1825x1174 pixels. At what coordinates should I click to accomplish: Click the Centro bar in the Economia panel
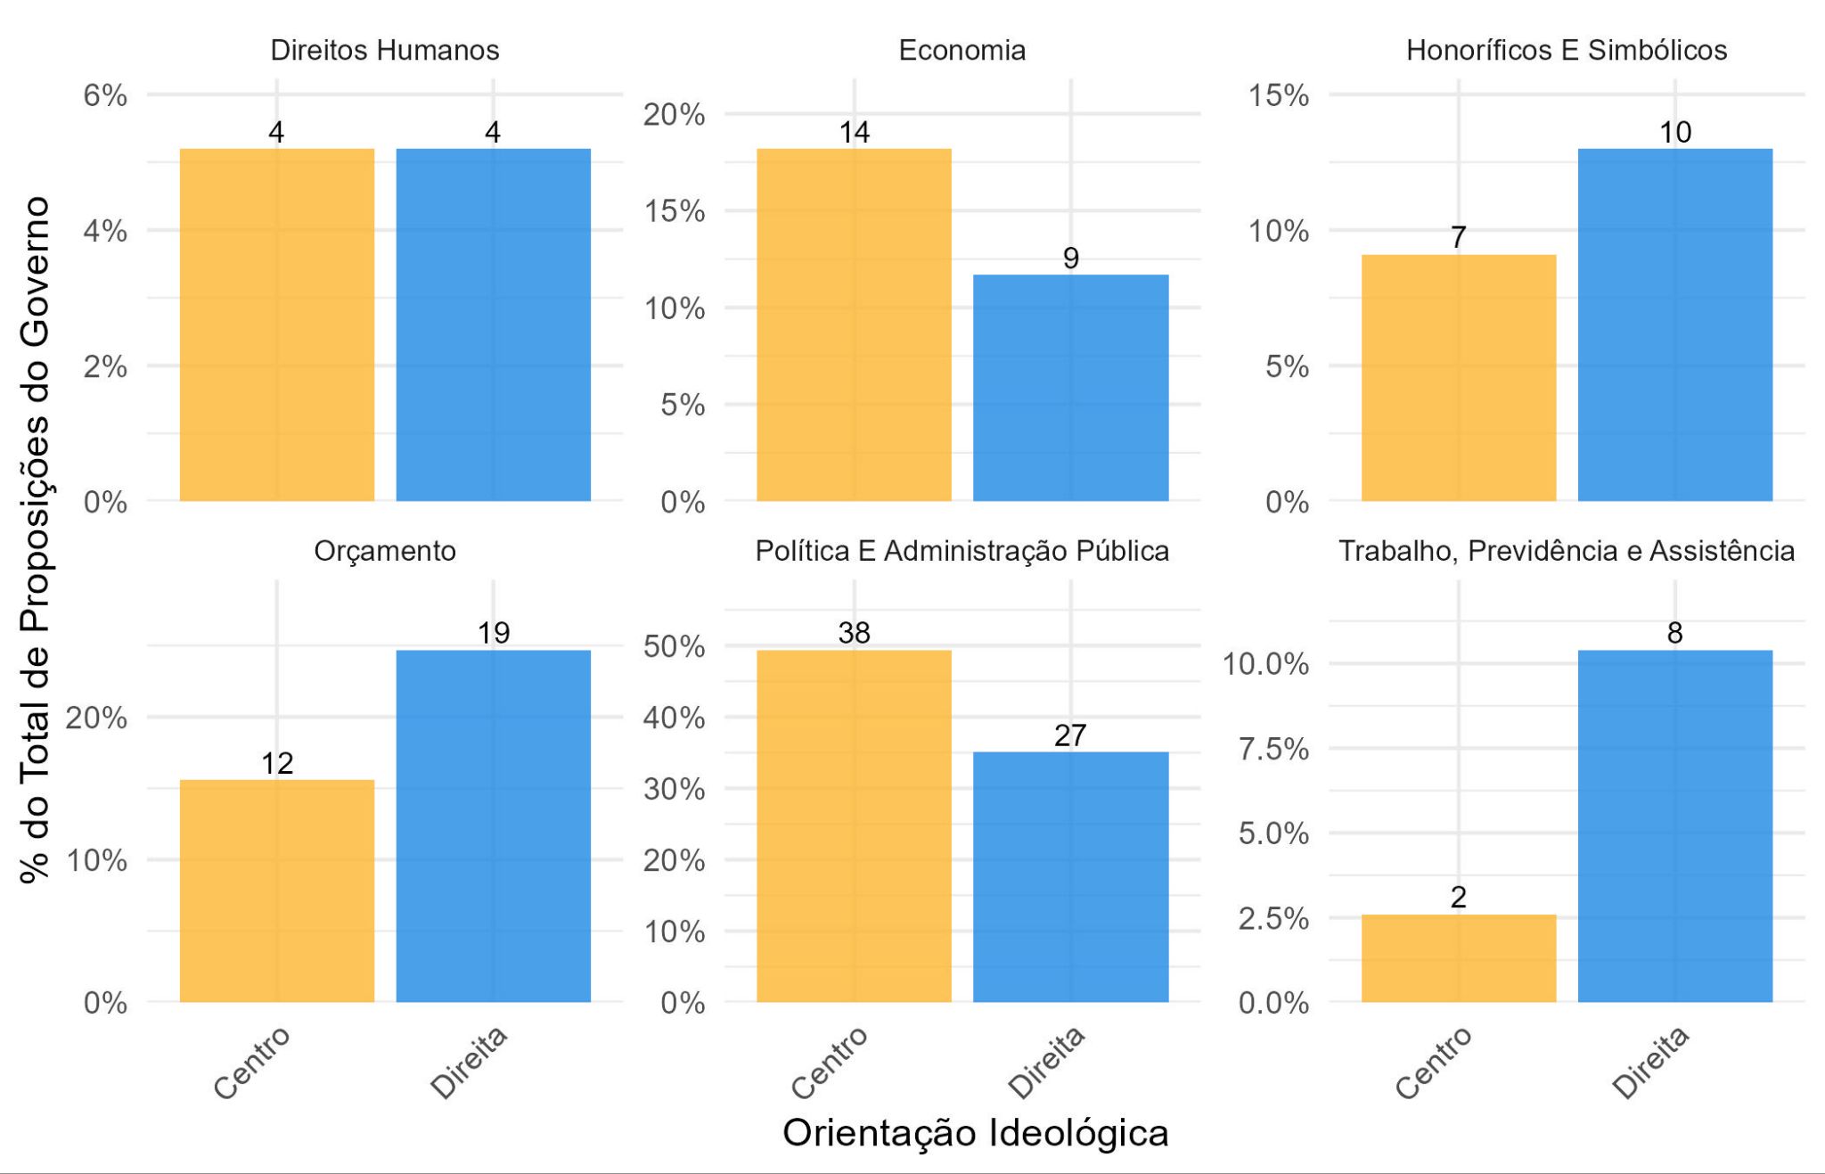(854, 324)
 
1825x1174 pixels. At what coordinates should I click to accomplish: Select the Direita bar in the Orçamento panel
(493, 825)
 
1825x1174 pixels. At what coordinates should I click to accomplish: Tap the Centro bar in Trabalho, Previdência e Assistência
(1458, 958)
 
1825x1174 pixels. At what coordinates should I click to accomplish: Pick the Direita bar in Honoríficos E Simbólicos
(1674, 324)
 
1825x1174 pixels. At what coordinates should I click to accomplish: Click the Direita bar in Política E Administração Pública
(1070, 877)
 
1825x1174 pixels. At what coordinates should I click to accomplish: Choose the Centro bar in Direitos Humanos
(276, 324)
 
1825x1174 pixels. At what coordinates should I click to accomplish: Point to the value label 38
(854, 633)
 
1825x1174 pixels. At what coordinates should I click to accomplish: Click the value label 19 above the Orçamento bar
(493, 633)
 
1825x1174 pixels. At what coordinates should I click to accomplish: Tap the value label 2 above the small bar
(1458, 897)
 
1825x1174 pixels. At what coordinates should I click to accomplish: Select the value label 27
(1070, 735)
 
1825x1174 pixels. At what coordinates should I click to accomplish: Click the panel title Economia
(962, 50)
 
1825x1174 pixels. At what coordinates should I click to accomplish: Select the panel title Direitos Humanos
(384, 50)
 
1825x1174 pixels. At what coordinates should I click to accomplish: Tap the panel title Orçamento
(384, 551)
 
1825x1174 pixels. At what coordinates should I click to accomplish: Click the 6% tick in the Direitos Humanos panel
(105, 95)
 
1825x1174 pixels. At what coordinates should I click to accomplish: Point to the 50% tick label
(674, 646)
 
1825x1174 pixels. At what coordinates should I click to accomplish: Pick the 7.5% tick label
(1273, 749)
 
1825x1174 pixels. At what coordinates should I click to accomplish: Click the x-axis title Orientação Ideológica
(975, 1133)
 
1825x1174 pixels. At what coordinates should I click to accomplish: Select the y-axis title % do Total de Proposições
(36, 539)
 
